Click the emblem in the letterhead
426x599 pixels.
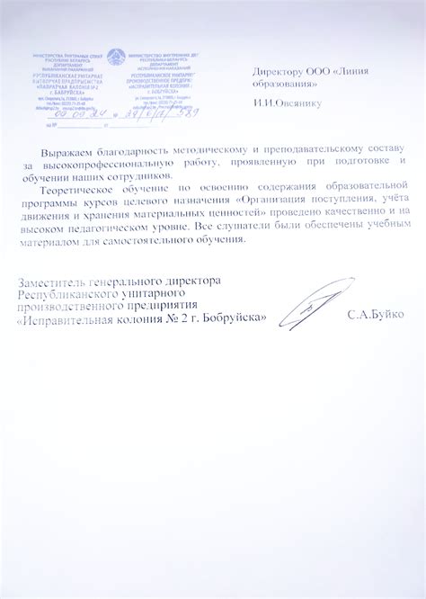115,58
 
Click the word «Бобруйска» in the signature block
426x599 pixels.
230,318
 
